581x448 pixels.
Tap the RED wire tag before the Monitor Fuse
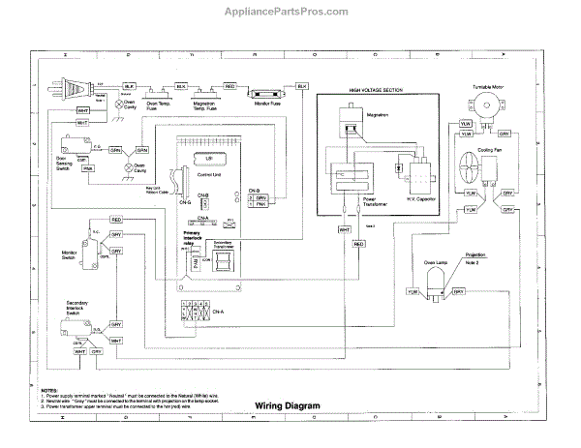click(x=229, y=86)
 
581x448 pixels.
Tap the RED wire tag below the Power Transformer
click(x=359, y=244)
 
